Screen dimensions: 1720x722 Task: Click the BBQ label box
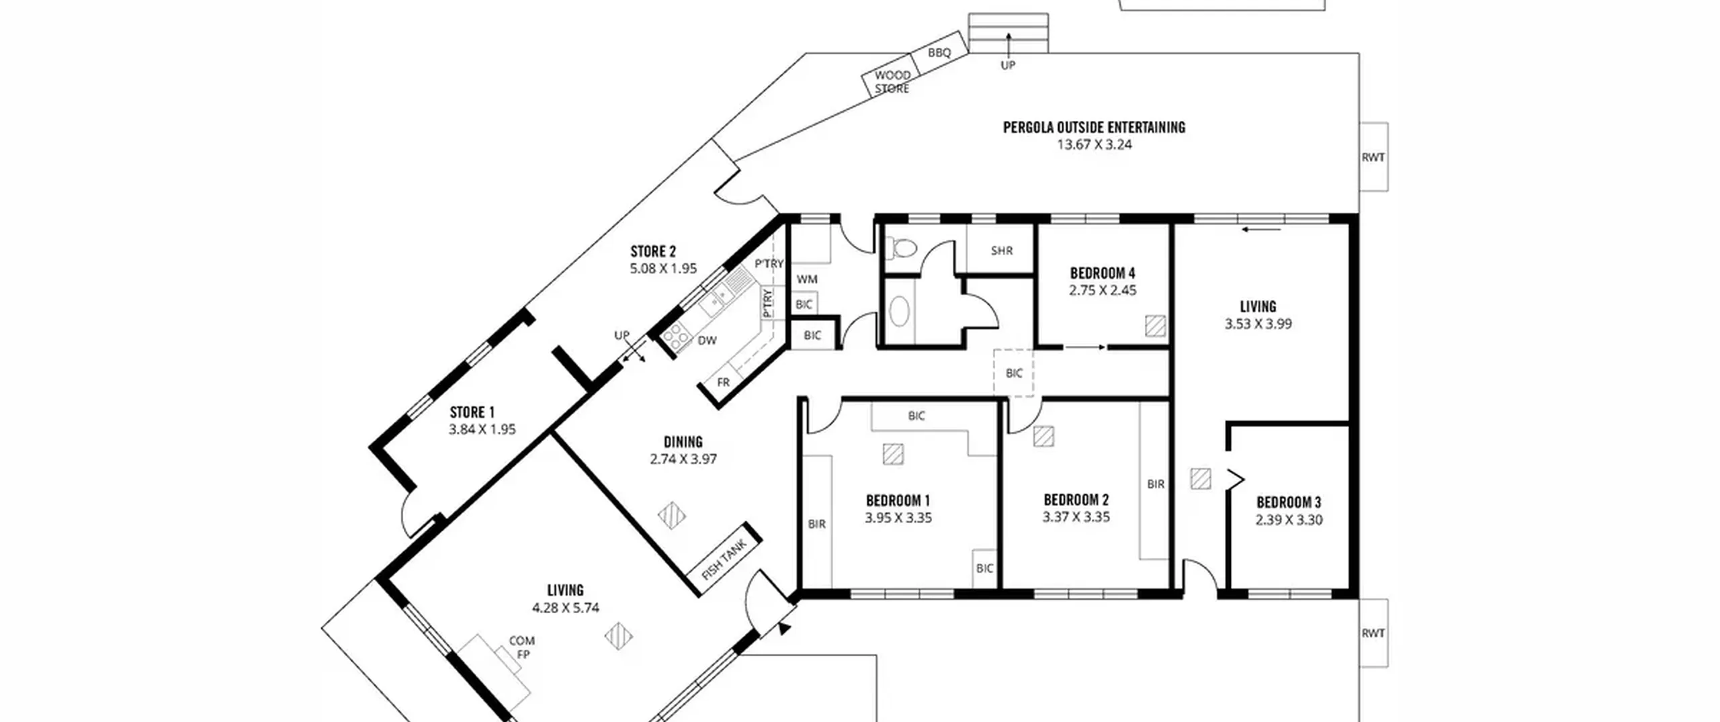point(939,52)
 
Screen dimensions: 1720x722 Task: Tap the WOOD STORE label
point(892,81)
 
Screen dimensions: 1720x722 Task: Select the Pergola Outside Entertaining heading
point(1094,127)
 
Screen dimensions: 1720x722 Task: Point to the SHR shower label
point(1001,251)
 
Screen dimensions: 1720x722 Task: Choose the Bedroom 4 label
point(1103,273)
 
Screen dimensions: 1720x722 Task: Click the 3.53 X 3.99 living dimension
point(1258,324)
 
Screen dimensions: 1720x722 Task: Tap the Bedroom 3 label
point(1289,502)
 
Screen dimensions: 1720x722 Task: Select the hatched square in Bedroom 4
point(1156,326)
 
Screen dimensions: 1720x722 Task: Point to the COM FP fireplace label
point(521,647)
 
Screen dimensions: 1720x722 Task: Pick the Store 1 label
point(472,412)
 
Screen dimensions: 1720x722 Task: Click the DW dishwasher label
point(707,341)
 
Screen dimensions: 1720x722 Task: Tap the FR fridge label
point(723,382)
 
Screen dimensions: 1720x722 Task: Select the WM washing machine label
point(807,279)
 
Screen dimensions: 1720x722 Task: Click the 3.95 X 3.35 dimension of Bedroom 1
point(898,518)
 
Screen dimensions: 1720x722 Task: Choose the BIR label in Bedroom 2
point(1156,484)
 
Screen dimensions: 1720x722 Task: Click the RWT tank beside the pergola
point(1373,156)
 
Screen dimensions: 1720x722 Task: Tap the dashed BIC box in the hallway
point(1014,373)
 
